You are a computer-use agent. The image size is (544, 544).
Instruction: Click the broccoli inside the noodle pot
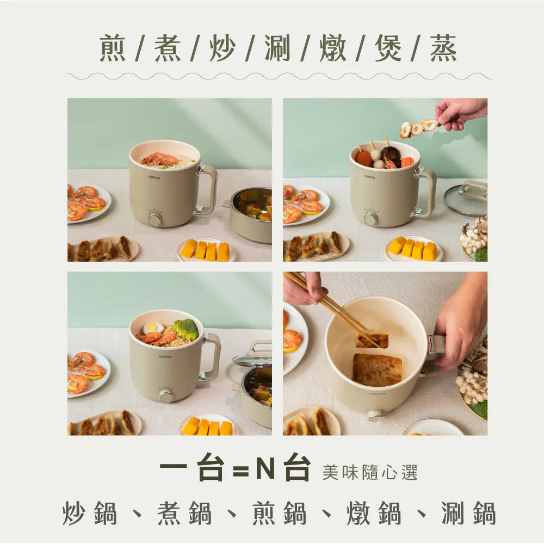point(186,329)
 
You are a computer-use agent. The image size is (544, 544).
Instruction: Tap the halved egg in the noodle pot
point(153,328)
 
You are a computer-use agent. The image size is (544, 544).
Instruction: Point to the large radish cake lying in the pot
point(377,369)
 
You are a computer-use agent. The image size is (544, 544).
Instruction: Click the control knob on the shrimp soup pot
point(156,219)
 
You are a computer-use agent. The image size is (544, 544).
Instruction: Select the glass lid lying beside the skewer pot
point(466,200)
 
